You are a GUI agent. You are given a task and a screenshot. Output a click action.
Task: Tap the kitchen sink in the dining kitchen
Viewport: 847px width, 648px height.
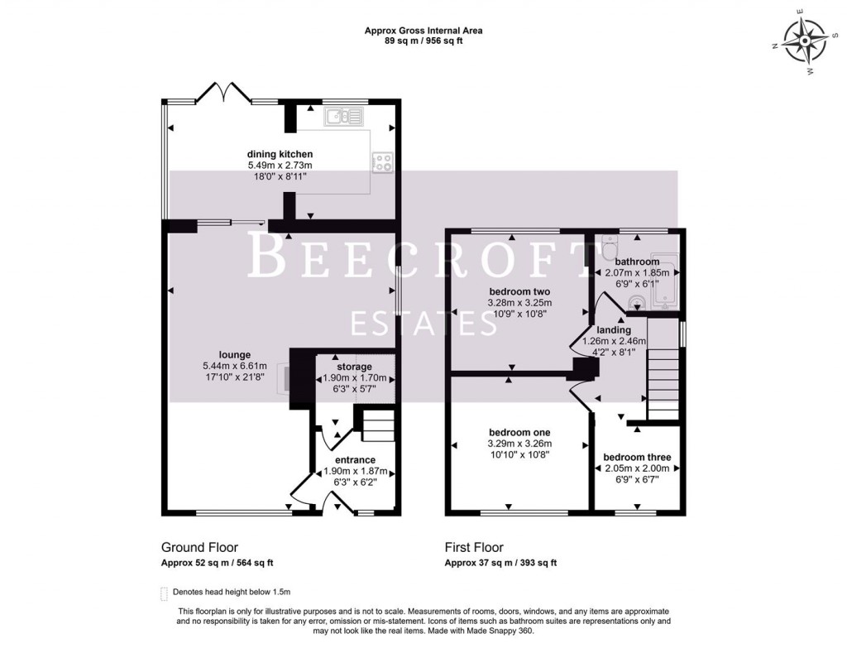click(x=343, y=118)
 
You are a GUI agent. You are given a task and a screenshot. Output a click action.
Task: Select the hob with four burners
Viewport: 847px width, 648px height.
click(x=382, y=163)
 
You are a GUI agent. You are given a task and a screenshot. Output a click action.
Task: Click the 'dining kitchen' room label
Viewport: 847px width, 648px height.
click(x=280, y=154)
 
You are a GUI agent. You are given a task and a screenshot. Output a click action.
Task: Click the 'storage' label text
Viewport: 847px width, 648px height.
click(x=354, y=367)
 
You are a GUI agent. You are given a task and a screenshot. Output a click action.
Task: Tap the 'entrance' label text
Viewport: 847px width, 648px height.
click(x=355, y=460)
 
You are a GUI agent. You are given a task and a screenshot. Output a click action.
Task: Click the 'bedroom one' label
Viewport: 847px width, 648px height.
click(x=519, y=433)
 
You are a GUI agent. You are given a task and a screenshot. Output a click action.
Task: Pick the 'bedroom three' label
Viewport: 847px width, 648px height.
click(x=637, y=458)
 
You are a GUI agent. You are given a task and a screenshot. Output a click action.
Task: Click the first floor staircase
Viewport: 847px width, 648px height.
click(x=662, y=384)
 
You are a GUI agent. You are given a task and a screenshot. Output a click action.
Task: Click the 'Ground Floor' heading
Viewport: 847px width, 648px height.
click(x=199, y=547)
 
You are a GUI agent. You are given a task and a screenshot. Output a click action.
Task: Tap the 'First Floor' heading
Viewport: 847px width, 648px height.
click(x=474, y=547)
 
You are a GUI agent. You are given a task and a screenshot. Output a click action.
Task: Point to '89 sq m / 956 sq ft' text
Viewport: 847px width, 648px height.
click(x=423, y=41)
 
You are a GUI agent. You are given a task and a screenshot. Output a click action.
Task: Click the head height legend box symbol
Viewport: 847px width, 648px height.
click(x=164, y=593)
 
